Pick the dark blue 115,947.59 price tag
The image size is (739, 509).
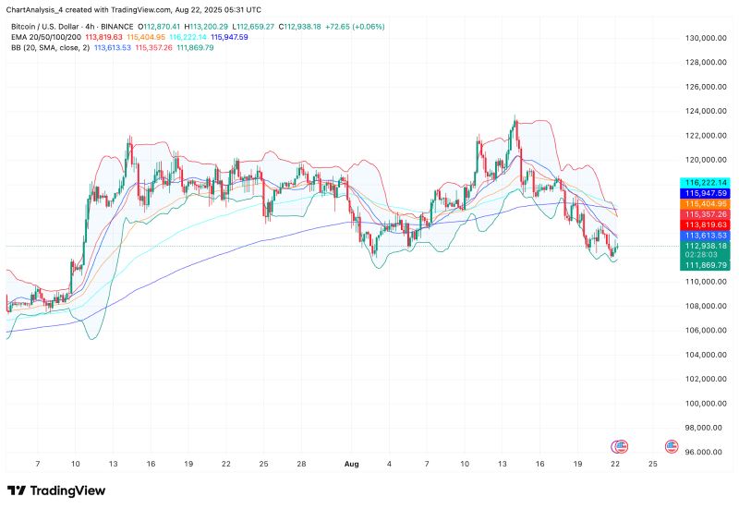(x=706, y=193)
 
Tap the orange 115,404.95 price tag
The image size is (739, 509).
(x=706, y=203)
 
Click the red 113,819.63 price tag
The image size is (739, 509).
(x=706, y=224)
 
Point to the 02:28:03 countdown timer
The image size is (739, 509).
(x=706, y=255)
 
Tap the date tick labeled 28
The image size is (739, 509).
(x=302, y=466)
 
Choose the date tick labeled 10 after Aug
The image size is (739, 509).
(x=464, y=466)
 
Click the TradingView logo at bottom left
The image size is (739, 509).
(x=56, y=491)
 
